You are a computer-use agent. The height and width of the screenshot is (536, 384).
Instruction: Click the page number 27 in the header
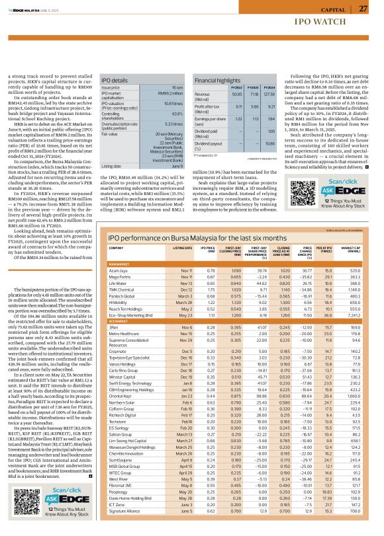[x=363, y=8]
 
